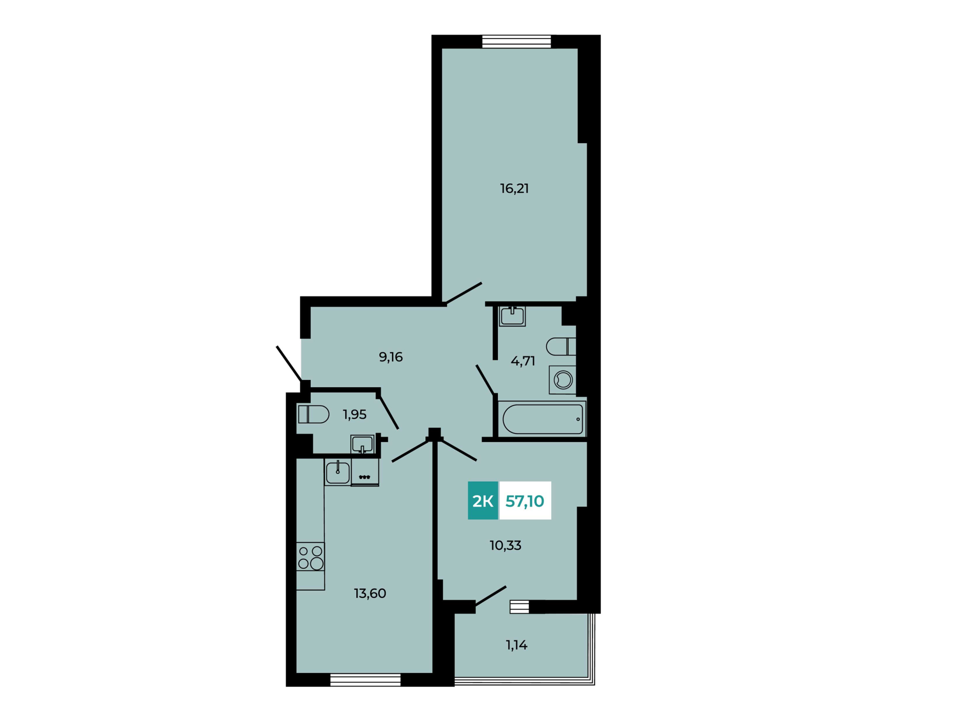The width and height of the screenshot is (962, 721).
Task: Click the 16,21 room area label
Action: tap(514, 189)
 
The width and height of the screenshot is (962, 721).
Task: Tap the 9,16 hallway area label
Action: tap(391, 357)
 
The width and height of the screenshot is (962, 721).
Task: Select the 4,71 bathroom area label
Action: tap(523, 361)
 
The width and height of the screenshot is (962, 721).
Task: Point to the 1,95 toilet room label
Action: tap(355, 415)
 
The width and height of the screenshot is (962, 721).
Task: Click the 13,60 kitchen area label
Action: tap(370, 593)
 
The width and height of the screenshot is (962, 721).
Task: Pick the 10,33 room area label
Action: tap(506, 545)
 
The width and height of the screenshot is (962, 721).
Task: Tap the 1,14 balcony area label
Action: tap(517, 645)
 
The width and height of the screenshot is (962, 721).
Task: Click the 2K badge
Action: tap(483, 501)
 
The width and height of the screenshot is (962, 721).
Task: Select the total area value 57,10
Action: tap(525, 501)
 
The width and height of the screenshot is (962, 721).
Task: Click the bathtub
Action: tap(543, 419)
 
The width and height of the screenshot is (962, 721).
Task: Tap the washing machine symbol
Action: tap(563, 380)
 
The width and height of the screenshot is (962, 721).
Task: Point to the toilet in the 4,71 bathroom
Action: tap(561, 346)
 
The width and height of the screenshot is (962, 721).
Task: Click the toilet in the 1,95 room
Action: tap(314, 415)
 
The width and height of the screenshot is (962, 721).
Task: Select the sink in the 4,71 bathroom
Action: tap(512, 316)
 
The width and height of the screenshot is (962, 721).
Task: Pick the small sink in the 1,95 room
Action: tap(362, 444)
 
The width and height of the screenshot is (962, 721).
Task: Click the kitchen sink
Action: tap(338, 472)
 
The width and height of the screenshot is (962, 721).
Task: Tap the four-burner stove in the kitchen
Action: tap(310, 557)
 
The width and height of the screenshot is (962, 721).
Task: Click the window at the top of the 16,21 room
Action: tap(517, 42)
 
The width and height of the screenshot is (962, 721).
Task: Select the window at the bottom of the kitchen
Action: tap(365, 680)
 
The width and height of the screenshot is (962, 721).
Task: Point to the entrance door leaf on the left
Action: tap(289, 364)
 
